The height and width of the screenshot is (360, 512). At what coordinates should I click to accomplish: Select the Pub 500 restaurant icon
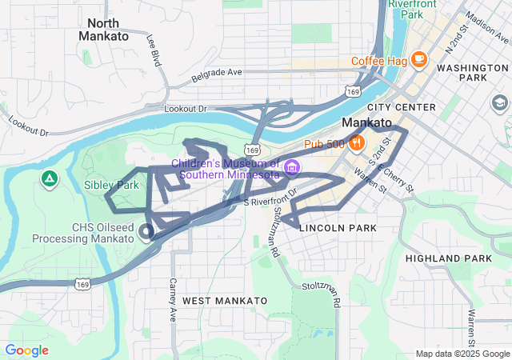pyautogui.click(x=357, y=143)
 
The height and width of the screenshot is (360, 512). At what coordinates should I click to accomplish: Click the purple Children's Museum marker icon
pyautogui.click(x=292, y=167)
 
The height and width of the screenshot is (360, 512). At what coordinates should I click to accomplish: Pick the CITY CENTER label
pyautogui.click(x=402, y=107)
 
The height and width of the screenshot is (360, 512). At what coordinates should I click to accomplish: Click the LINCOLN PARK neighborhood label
pyautogui.click(x=337, y=228)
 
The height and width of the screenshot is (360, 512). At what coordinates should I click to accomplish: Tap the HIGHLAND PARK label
pyautogui.click(x=448, y=258)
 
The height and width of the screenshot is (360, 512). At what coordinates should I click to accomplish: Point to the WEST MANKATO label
pyautogui.click(x=225, y=300)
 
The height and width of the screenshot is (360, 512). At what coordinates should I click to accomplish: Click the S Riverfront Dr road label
pyautogui.click(x=270, y=197)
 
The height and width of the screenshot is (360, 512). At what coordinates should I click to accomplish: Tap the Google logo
pyautogui.click(x=26, y=350)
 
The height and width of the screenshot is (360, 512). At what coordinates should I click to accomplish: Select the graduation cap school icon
pyautogui.click(x=500, y=103)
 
